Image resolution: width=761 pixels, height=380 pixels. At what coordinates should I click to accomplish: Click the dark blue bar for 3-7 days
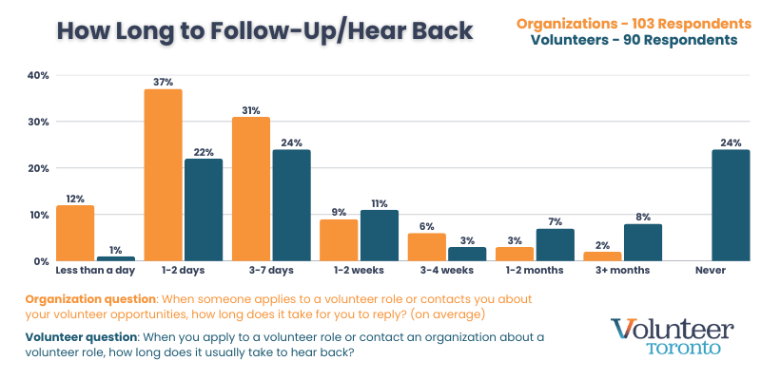(291, 205)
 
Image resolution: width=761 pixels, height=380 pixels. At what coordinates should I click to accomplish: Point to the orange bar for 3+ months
(603, 256)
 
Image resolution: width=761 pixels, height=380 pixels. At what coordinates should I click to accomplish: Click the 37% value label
(163, 83)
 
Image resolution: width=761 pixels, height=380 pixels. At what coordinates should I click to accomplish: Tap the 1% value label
(115, 250)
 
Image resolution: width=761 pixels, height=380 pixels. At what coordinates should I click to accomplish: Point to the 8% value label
(643, 217)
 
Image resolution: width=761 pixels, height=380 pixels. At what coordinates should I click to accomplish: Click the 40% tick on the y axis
(38, 75)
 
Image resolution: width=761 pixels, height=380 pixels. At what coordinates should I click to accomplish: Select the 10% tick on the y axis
(38, 215)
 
